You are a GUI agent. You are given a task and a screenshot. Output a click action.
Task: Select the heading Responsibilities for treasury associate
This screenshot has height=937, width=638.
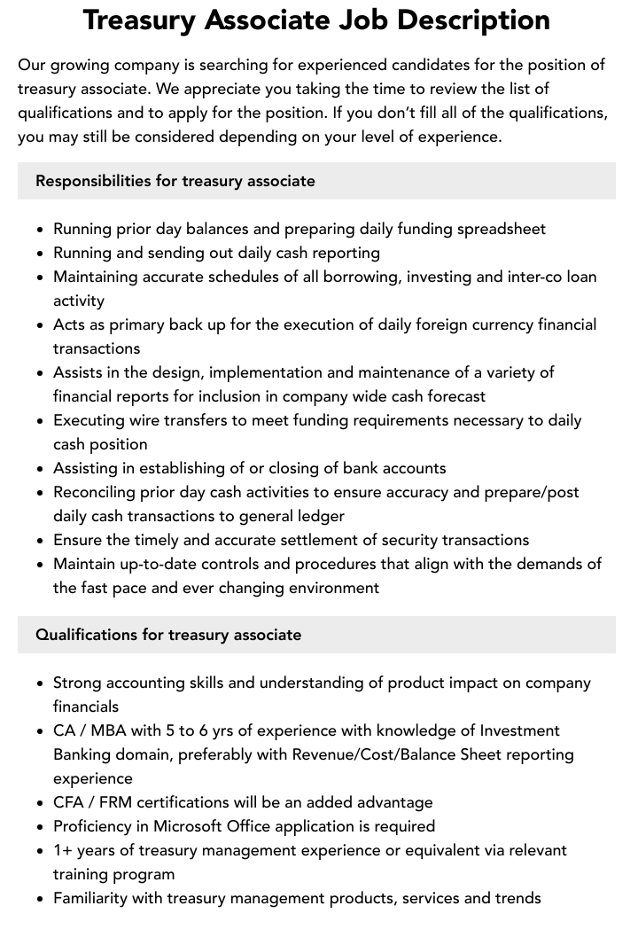pos(175,181)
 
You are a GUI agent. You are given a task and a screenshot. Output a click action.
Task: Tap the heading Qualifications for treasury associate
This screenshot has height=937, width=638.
pos(168,635)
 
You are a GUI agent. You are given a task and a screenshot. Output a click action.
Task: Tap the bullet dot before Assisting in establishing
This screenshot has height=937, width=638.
pos(41,469)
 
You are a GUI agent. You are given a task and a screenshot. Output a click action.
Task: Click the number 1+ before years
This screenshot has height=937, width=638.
pos(64,850)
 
